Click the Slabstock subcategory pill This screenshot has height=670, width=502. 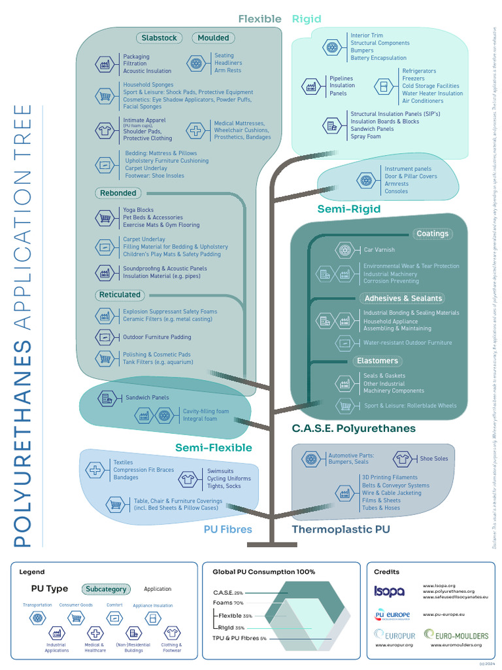159,38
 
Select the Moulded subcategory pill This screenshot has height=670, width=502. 213,38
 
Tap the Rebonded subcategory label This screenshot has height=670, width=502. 118,193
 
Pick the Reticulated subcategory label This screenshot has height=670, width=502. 120,295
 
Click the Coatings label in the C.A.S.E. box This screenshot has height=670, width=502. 432,234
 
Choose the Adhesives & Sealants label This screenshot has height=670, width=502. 403,298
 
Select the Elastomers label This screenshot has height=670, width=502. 377,361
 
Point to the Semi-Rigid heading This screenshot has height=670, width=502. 348,209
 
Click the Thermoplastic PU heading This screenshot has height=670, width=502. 341,529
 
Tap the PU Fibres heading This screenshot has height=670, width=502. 227,529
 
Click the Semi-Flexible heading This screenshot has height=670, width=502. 213,448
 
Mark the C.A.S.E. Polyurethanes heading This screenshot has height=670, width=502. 354,429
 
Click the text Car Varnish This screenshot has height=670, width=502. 379,250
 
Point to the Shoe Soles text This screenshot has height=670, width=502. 434,459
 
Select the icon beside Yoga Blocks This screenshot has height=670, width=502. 104,218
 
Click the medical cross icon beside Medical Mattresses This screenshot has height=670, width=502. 195,130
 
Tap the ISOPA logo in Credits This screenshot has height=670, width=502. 389,591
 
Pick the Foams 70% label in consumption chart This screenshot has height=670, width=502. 228,603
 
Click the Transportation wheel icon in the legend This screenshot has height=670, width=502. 37,618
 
